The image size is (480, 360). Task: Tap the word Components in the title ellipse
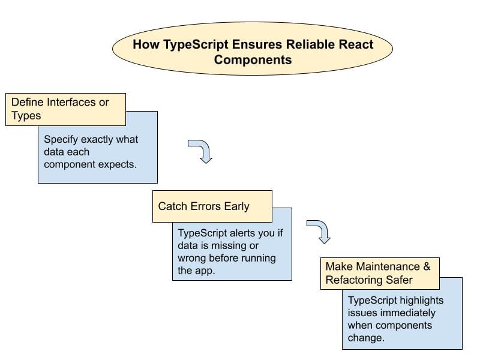(x=253, y=59)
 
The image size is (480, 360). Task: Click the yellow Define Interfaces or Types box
(x=65, y=109)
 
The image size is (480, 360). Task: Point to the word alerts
(x=240, y=234)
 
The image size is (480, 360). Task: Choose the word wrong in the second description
(x=192, y=258)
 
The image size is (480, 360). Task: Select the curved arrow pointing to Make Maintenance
(x=319, y=232)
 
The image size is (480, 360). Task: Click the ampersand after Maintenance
(x=425, y=266)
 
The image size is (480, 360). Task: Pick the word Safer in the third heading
(x=398, y=280)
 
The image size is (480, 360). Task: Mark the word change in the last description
(x=365, y=337)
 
